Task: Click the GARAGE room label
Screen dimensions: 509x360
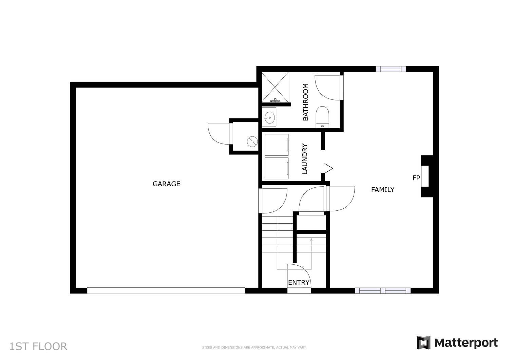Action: click(166, 184)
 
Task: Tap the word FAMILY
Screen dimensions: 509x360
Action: click(383, 190)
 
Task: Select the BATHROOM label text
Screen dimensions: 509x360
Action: click(306, 102)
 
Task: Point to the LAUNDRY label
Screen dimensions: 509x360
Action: click(304, 159)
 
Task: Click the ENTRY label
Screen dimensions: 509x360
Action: click(299, 283)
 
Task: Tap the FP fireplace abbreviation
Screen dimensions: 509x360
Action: click(416, 178)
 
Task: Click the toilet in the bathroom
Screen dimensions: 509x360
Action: click(322, 117)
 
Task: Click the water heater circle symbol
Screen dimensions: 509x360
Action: click(252, 141)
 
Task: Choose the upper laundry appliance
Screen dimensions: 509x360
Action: click(277, 145)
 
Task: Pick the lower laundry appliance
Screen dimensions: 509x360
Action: click(277, 168)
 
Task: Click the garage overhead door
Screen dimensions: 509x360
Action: click(166, 291)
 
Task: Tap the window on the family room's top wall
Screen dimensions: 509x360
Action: click(391, 69)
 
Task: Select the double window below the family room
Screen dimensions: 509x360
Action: click(383, 291)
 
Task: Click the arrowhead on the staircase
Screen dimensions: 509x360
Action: click(311, 239)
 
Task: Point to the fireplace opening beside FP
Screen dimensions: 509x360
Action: click(425, 176)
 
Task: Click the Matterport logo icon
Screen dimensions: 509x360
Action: click(423, 342)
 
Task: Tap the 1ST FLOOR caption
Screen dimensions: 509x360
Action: click(38, 346)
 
